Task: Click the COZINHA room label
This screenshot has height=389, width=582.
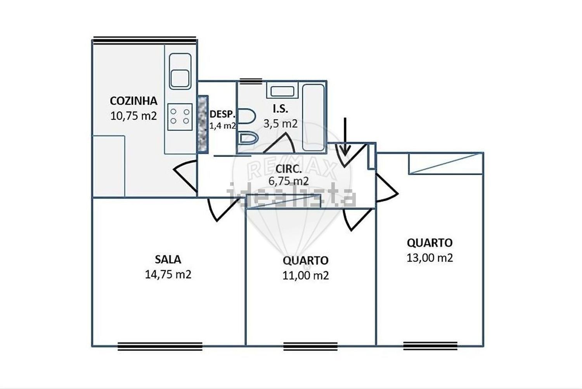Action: pyautogui.click(x=133, y=101)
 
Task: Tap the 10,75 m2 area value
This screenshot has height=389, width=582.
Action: pyautogui.click(x=133, y=116)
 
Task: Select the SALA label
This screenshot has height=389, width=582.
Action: pyautogui.click(x=168, y=260)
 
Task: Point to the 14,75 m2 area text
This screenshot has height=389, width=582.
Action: pyautogui.click(x=168, y=274)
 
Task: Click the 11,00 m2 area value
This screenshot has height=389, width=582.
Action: pyautogui.click(x=306, y=276)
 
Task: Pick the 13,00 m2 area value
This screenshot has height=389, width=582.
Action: pyautogui.click(x=430, y=258)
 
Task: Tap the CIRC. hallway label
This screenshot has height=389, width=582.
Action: pyautogui.click(x=288, y=169)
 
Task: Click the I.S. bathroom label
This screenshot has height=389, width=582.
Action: pyautogui.click(x=281, y=109)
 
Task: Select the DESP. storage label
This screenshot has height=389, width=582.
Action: pyautogui.click(x=222, y=114)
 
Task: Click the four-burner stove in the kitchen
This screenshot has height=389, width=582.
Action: pyautogui.click(x=180, y=117)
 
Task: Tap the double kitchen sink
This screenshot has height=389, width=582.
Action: pyautogui.click(x=180, y=71)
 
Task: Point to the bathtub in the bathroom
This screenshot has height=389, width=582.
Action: pyautogui.click(x=314, y=117)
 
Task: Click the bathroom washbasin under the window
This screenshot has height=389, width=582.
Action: pyautogui.click(x=282, y=91)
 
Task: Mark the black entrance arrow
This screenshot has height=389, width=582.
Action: pyautogui.click(x=345, y=137)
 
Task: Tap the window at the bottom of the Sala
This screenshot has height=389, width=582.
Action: pyautogui.click(x=160, y=346)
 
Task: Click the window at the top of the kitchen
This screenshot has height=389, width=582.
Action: pyautogui.click(x=144, y=40)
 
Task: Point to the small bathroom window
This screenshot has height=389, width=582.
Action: pyautogui.click(x=251, y=81)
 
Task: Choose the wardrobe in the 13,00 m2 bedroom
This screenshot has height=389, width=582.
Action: pyautogui.click(x=446, y=163)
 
